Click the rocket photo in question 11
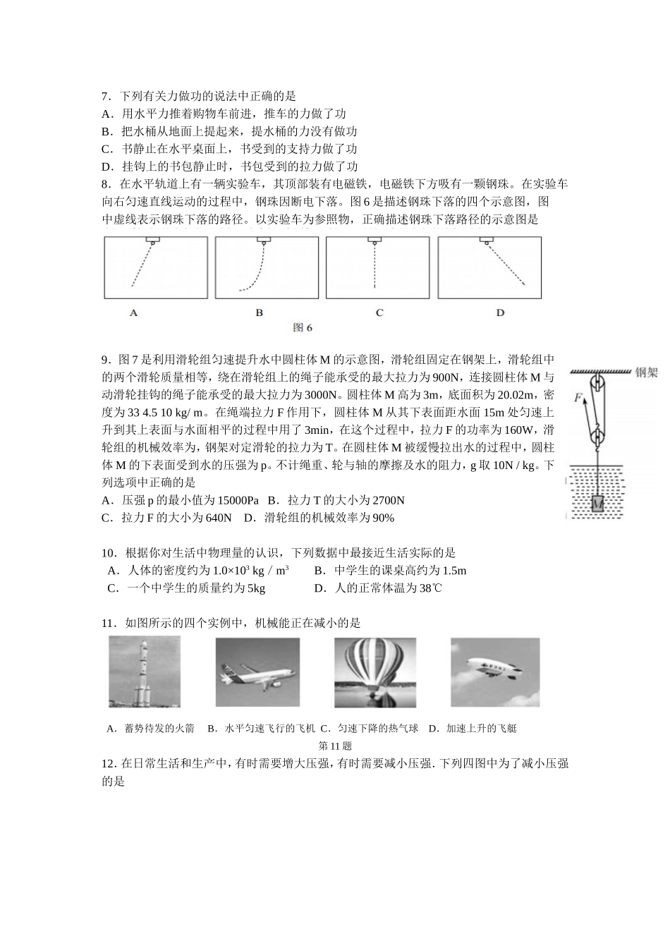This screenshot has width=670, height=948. [145, 671]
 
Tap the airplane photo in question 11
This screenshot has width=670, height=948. [257, 671]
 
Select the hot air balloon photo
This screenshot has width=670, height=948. [375, 671]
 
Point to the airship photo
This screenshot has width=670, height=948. [494, 671]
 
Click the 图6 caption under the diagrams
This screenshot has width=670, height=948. [302, 327]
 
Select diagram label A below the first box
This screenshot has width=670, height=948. [133, 312]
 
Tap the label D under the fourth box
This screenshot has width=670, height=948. [500, 312]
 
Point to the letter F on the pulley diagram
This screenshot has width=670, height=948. [578, 398]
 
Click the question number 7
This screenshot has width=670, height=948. [106, 96]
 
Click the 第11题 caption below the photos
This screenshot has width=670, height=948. [335, 746]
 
